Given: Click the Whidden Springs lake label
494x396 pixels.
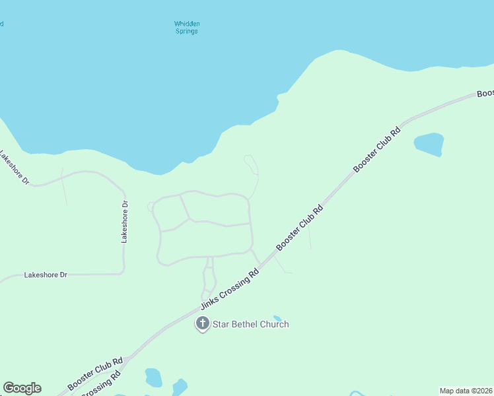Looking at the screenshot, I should point(187,27).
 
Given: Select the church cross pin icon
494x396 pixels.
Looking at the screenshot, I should point(203,323).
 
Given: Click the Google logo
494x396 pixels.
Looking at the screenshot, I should point(22,388).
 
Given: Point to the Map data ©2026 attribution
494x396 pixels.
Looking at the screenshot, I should point(466,391).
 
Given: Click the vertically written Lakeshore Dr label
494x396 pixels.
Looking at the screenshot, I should point(124,222).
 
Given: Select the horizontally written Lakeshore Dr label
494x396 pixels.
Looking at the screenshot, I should point(46,275).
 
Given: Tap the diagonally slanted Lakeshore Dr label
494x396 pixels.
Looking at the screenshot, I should point(15,169).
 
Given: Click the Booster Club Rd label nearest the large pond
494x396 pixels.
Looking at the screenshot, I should point(377,150).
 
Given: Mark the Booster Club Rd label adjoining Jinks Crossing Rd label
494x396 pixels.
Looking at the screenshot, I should point(300,228).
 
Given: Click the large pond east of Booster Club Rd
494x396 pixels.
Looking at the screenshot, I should point(429,144).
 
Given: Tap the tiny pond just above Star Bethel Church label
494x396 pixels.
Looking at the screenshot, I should point(277,318).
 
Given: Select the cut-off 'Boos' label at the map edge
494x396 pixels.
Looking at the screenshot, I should point(485,94).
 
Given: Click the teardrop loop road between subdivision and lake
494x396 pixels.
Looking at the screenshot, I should point(251,164).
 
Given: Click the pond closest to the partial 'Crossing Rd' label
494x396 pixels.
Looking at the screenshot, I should point(153,377).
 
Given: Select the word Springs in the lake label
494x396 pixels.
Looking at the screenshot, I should point(187,31).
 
